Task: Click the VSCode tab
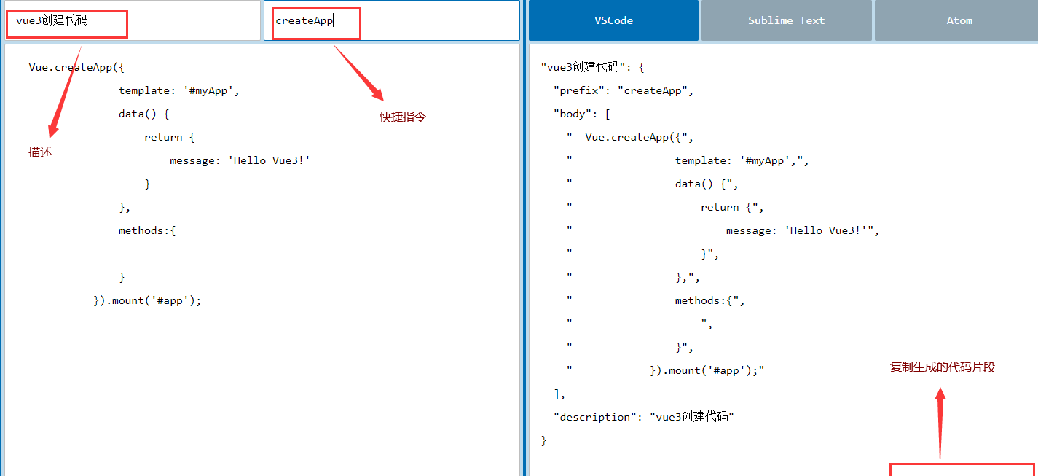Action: (x=613, y=20)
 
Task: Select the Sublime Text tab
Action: (x=787, y=20)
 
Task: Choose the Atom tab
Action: (x=959, y=20)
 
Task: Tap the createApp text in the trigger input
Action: (x=304, y=21)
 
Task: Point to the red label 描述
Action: (x=40, y=152)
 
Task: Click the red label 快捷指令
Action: (x=402, y=117)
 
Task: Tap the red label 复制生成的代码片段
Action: (x=942, y=367)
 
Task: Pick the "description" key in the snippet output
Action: (x=594, y=417)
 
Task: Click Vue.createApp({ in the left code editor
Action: (x=76, y=67)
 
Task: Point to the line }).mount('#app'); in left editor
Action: (x=147, y=300)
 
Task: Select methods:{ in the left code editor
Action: (x=147, y=230)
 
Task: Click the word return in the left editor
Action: (x=163, y=137)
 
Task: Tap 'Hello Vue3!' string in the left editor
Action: (x=269, y=160)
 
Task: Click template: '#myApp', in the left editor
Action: (x=179, y=90)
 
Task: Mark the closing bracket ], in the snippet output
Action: (x=559, y=394)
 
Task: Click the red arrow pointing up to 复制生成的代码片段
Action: (x=940, y=424)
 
